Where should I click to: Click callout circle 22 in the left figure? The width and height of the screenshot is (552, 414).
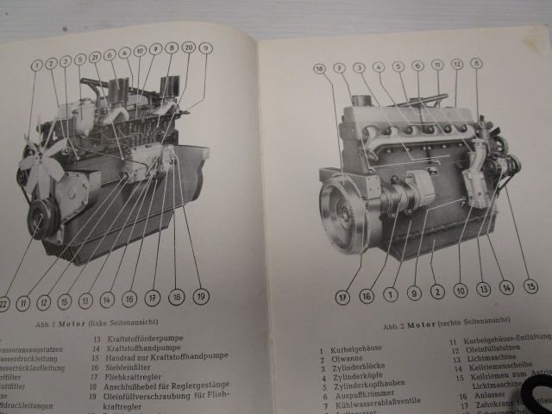pos(3,305)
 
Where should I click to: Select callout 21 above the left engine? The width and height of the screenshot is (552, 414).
pos(95,56)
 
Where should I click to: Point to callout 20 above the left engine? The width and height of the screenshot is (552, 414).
pos(188,48)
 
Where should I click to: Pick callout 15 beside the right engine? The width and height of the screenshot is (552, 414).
pos(531,286)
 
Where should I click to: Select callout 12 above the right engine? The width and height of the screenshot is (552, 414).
pos(457,65)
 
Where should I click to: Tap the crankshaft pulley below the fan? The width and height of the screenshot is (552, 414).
pos(38,217)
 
